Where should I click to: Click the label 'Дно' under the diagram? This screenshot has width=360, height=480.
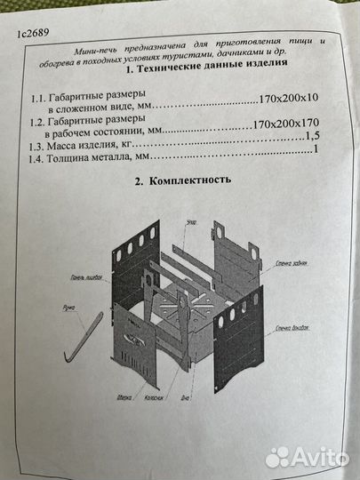[x=185, y=397]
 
